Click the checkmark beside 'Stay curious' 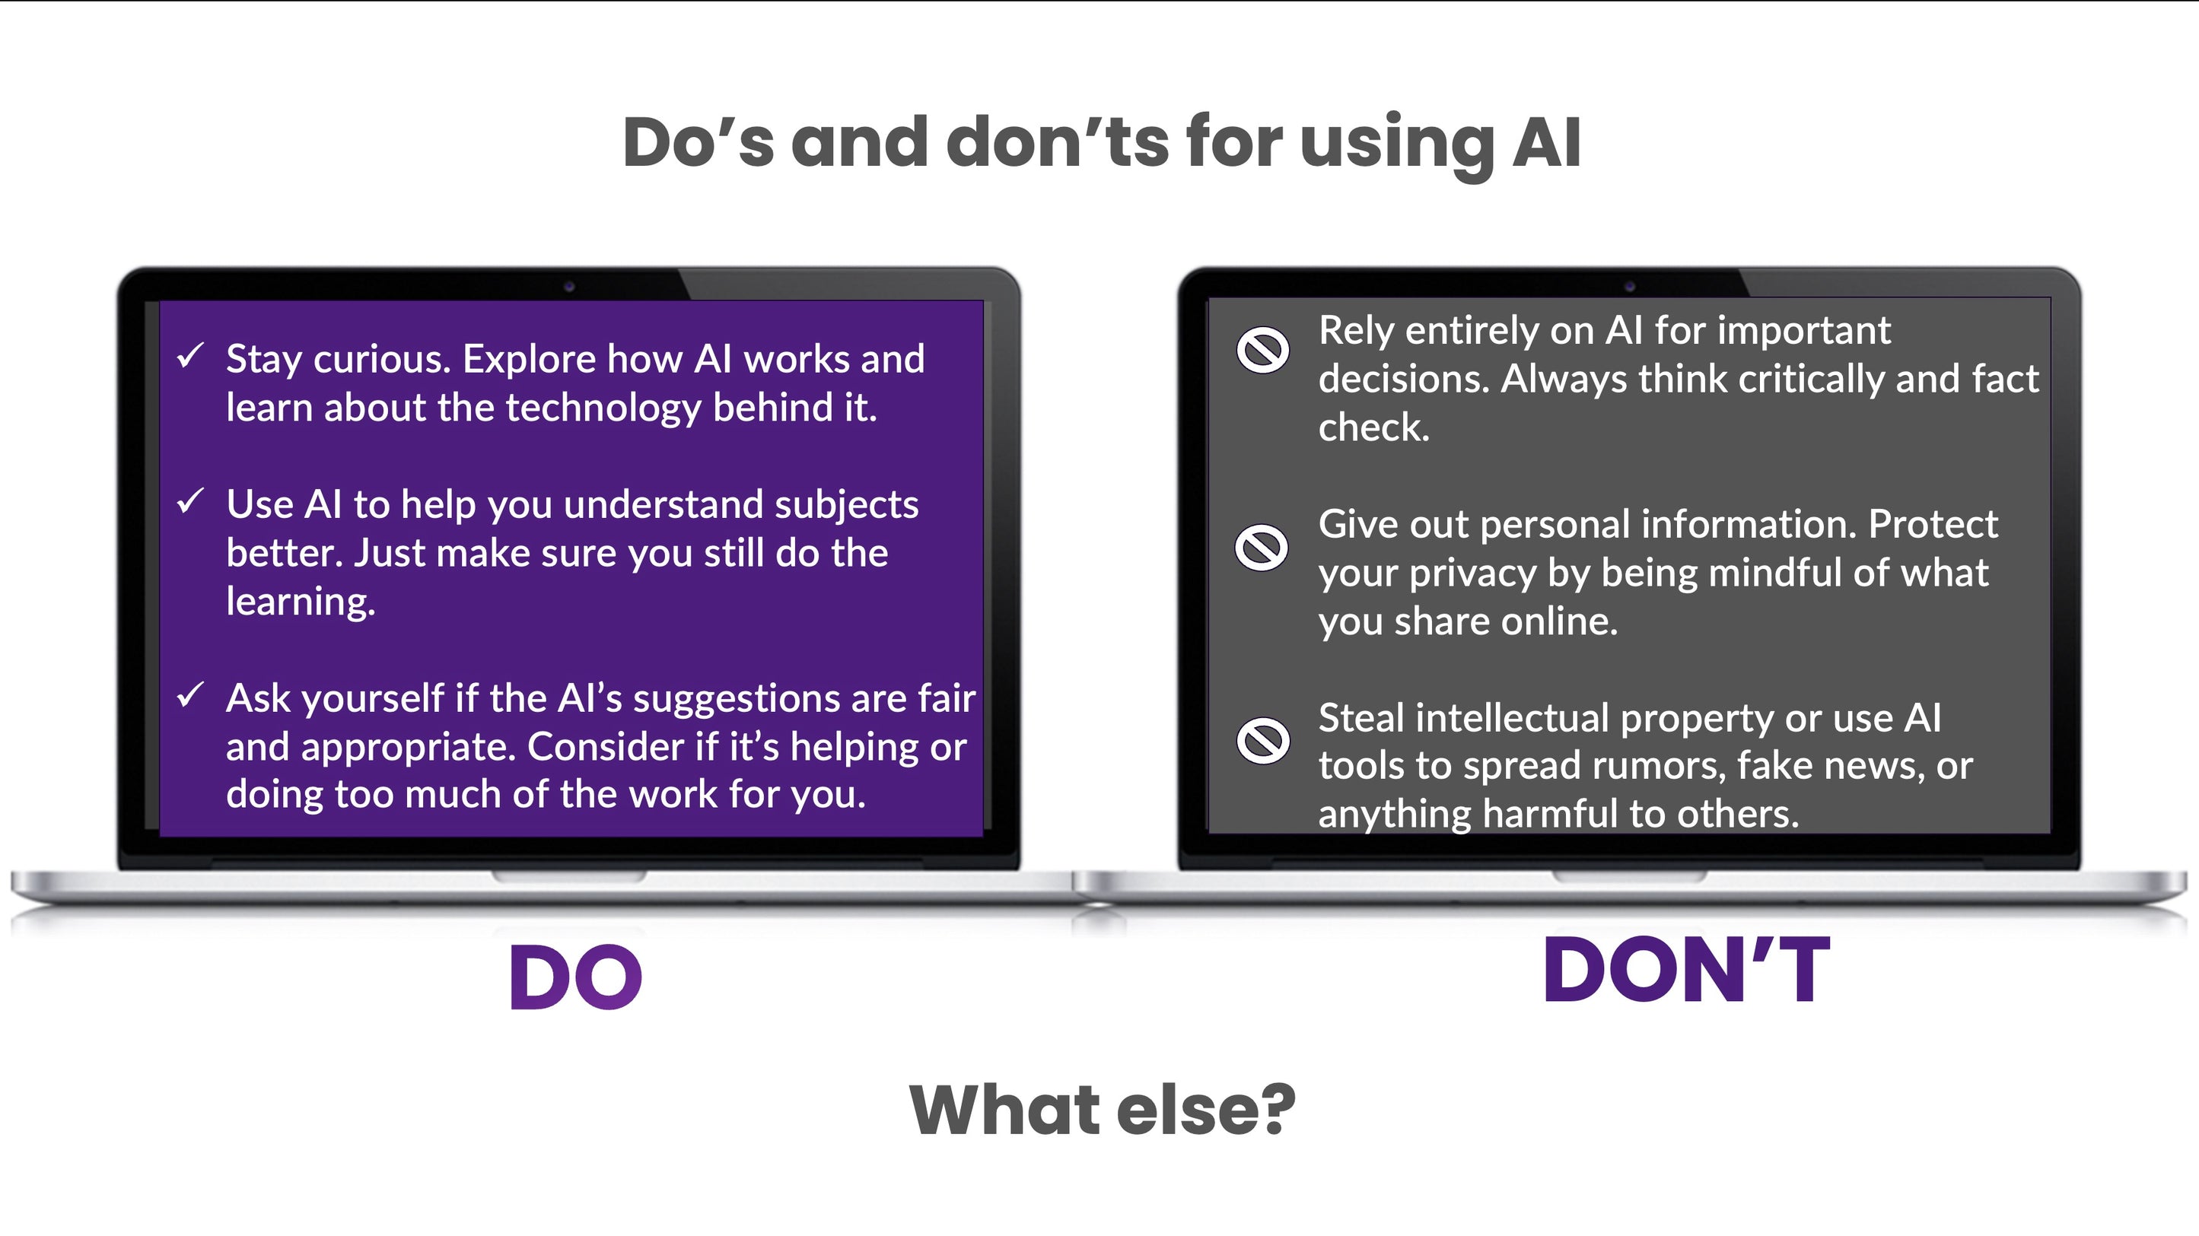click(x=189, y=355)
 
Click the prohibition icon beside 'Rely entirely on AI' click(x=1262, y=349)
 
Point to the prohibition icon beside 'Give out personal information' click(x=1262, y=546)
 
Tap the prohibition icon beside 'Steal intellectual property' click(x=1262, y=739)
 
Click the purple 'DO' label click(x=575, y=978)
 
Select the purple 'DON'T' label click(x=1687, y=971)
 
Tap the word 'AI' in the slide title click(x=1547, y=141)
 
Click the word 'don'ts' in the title click(x=1058, y=141)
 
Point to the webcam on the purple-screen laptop click(x=569, y=287)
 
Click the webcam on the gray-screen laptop click(x=1630, y=286)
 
